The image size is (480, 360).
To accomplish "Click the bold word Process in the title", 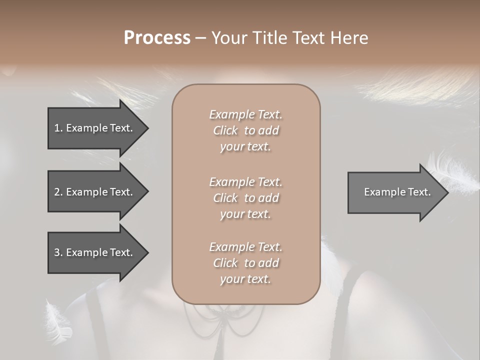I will [157, 38].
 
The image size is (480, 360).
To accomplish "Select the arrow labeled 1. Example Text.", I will [95, 128].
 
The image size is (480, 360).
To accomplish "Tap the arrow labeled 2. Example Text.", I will [95, 192].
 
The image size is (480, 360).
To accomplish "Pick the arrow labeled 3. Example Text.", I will [95, 252].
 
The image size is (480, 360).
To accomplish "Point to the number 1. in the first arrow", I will [58, 128].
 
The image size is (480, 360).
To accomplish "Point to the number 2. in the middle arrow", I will [58, 192].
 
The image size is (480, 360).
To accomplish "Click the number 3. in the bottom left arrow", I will [58, 252].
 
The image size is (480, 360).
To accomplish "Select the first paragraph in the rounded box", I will [245, 130].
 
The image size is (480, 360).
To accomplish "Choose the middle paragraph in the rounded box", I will [245, 198].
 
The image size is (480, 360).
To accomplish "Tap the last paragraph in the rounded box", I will [245, 263].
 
